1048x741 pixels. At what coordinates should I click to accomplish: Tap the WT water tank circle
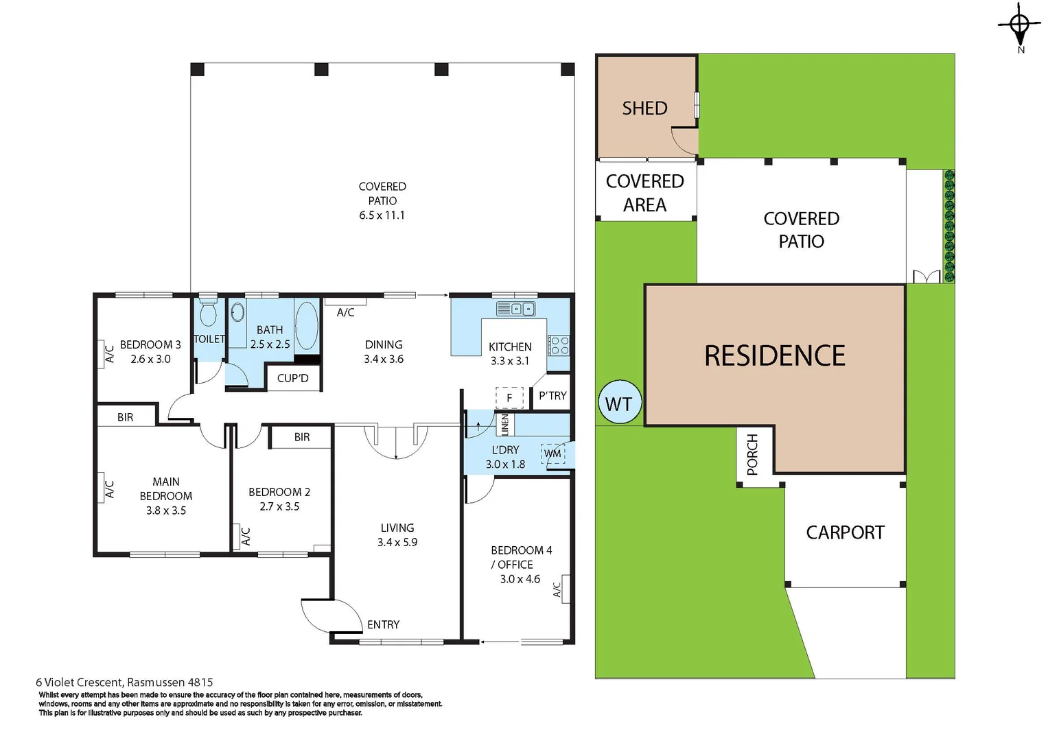619,403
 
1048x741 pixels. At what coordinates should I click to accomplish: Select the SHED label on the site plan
644,108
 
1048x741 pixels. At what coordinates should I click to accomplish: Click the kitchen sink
515,309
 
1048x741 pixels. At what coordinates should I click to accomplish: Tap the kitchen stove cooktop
559,344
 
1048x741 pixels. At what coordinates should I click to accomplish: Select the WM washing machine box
553,454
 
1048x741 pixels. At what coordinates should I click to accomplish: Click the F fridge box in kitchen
509,397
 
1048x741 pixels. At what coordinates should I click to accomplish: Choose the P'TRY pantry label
552,396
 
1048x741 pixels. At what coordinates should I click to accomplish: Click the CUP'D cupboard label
293,378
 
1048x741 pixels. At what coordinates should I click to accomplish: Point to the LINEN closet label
505,425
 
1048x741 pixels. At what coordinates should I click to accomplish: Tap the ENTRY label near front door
383,624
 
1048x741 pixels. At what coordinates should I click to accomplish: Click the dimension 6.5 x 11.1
382,215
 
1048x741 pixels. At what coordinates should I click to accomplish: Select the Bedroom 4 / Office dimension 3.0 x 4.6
520,579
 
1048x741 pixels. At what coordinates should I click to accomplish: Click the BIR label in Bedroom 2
302,437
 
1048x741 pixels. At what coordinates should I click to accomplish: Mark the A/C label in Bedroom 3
108,353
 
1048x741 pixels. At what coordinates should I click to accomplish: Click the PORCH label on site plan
752,454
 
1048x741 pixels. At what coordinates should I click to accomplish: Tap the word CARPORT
845,532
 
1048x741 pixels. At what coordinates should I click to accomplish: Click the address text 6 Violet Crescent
80,682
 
